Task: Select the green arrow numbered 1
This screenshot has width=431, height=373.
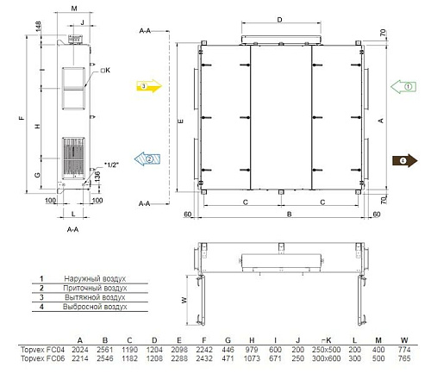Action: pyautogui.click(x=404, y=86)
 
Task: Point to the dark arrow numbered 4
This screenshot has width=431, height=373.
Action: pyautogui.click(x=404, y=159)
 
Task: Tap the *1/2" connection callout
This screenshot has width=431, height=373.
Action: pyautogui.click(x=111, y=163)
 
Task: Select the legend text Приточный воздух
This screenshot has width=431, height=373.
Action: pyautogui.click(x=96, y=289)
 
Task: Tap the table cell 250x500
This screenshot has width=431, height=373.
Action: pyautogui.click(x=329, y=348)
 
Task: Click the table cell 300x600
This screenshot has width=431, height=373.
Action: pyautogui.click(x=329, y=357)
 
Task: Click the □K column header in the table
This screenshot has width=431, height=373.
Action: pyautogui.click(x=328, y=339)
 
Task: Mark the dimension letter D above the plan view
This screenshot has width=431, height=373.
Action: pyautogui.click(x=279, y=18)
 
